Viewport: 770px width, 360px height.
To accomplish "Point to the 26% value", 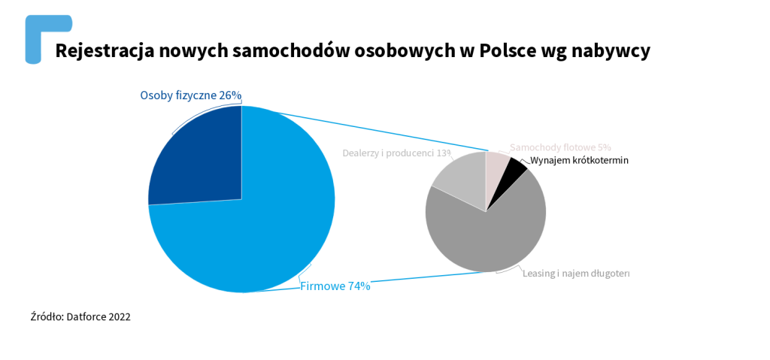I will [x=230, y=95].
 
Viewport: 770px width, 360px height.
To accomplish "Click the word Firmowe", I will [x=322, y=286].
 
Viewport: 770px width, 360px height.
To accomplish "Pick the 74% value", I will [x=358, y=286].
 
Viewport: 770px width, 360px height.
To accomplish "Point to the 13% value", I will [x=444, y=153].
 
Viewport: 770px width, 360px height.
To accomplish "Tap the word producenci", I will [x=411, y=153].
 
